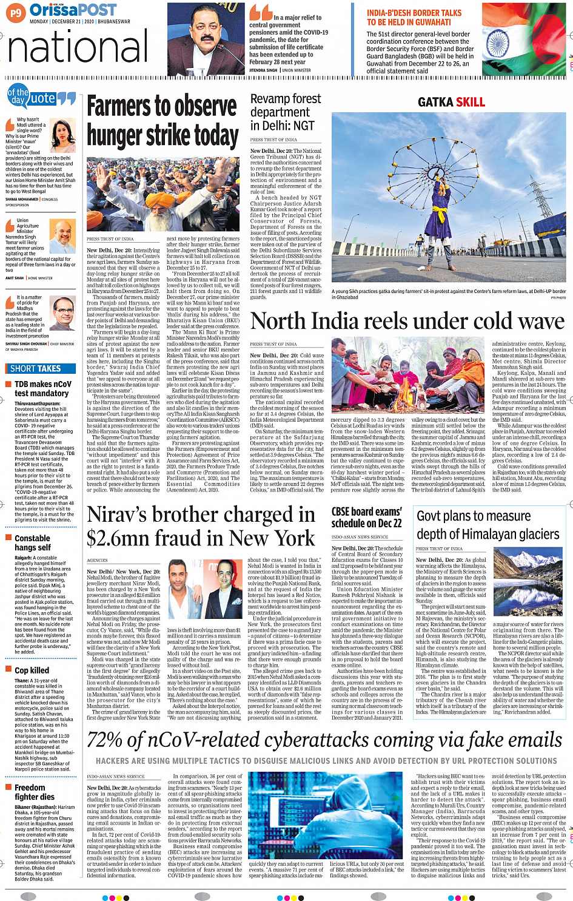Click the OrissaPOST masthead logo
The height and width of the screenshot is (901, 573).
[73, 10]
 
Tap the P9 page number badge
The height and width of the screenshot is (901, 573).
[16, 12]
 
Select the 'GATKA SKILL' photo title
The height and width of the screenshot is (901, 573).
[451, 102]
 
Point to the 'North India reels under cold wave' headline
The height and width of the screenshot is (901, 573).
[407, 321]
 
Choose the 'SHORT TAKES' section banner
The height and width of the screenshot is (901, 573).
[36, 368]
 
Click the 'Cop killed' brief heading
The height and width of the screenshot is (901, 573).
[32, 670]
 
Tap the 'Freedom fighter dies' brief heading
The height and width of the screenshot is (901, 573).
[35, 792]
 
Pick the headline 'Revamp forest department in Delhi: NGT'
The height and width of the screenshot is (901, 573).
[286, 112]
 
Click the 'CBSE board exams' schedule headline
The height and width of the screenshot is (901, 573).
[367, 517]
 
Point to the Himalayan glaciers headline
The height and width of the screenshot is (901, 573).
[488, 525]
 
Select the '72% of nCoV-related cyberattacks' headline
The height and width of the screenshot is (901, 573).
[322, 740]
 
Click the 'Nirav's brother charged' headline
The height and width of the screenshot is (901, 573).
[201, 526]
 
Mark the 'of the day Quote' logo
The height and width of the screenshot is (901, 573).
[40, 97]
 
